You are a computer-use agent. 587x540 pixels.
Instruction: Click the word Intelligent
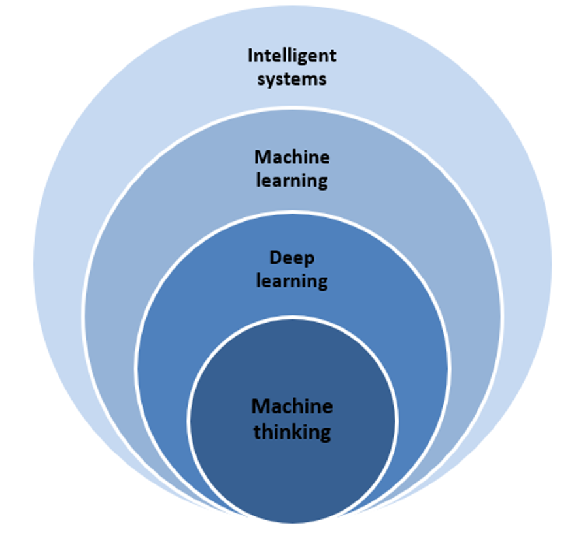click(292, 56)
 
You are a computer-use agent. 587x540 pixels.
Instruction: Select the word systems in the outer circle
click(292, 80)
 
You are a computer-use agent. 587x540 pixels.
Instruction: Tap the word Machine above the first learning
click(292, 157)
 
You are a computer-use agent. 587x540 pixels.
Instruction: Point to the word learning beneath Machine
click(292, 181)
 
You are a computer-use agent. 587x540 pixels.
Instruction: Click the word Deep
click(292, 259)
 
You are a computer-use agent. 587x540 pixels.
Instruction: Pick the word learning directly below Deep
click(292, 281)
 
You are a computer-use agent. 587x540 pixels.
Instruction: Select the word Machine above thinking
click(292, 407)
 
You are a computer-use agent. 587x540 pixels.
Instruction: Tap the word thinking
click(292, 432)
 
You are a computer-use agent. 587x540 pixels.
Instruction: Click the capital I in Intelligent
click(250, 56)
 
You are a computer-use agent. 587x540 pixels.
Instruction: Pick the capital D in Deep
click(275, 258)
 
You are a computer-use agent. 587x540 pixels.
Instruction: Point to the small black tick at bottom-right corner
click(565, 537)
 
